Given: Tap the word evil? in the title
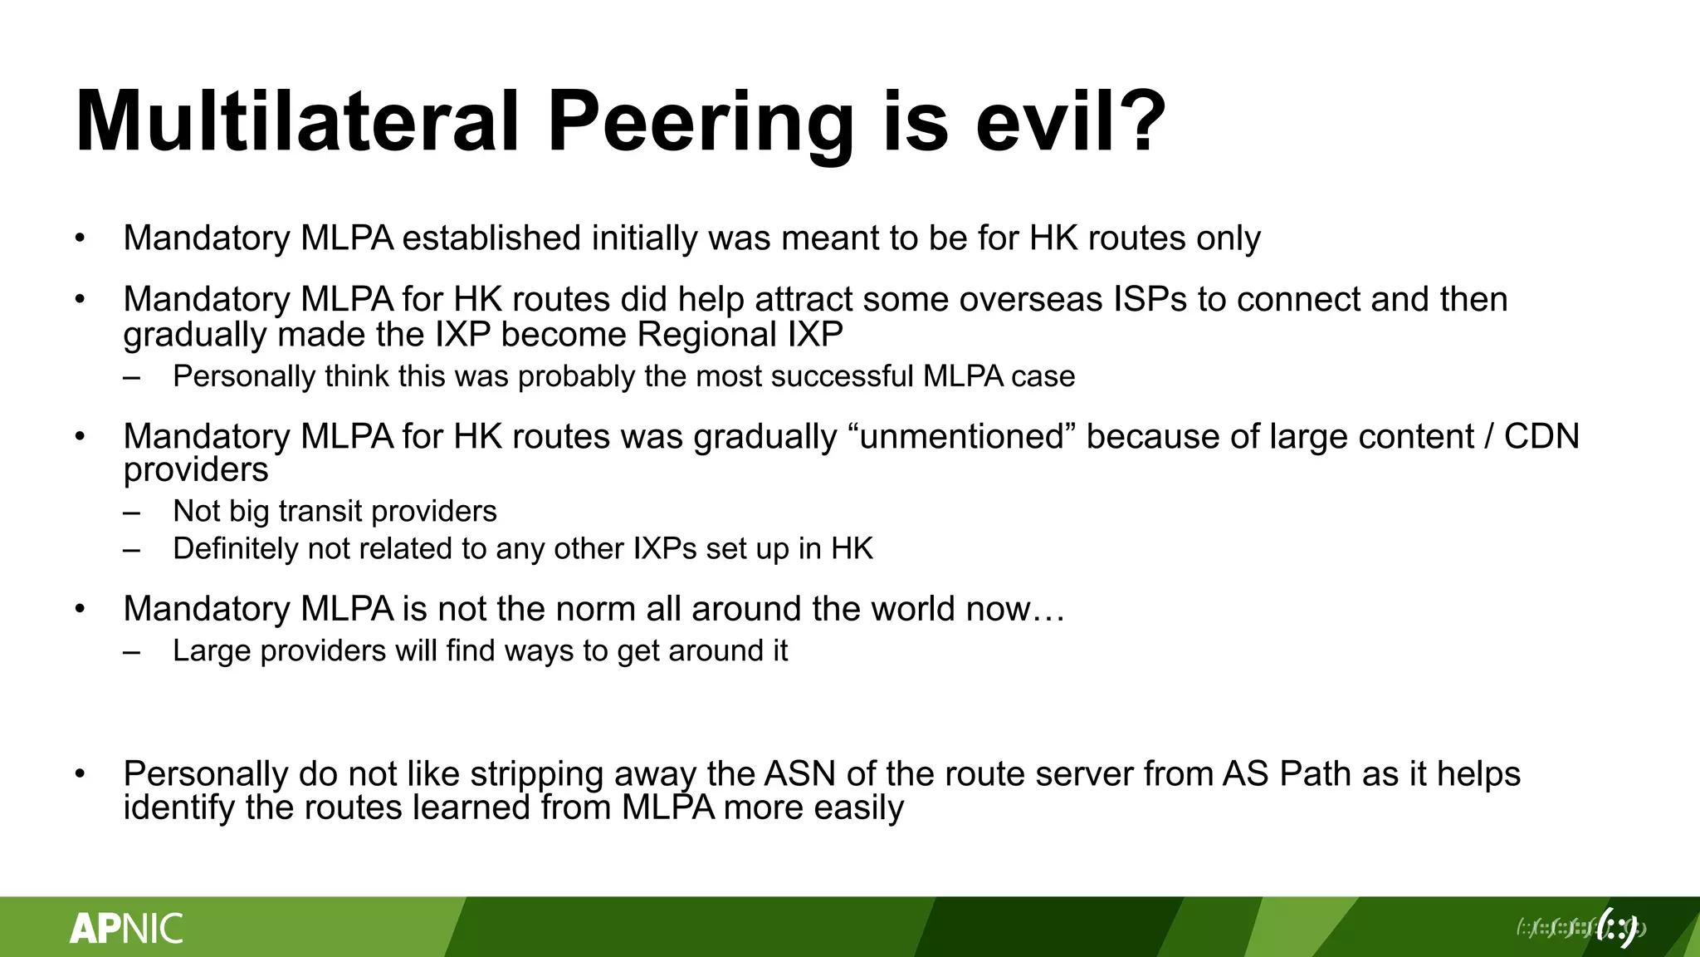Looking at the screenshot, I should (1071, 122).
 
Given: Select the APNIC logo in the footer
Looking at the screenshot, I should (126, 928).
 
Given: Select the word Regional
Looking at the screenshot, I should (706, 335).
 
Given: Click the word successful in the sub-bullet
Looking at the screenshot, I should (842, 376).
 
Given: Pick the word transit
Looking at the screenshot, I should (320, 511).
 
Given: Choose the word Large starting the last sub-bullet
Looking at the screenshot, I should (212, 651).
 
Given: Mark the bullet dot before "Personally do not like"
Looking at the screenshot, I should (80, 774).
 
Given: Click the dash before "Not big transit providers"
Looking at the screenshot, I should (131, 512).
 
